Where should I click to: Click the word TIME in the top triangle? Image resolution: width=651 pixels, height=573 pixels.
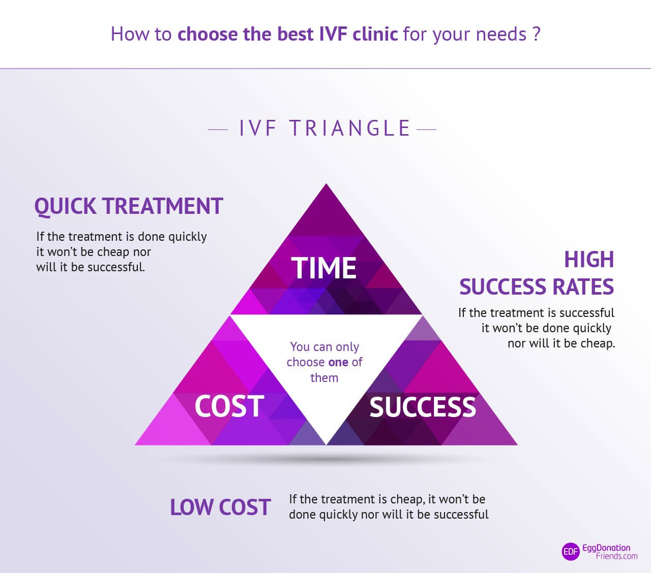[x=324, y=268]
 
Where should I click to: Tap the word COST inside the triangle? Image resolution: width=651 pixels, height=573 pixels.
[x=229, y=406]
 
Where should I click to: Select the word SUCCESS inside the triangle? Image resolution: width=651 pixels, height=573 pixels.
[x=423, y=407]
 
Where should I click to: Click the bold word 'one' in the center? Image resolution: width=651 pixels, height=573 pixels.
[x=338, y=362]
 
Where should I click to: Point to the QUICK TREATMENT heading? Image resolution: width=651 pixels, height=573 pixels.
[x=129, y=206]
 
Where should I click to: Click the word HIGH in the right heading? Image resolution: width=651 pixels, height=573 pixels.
[x=589, y=260]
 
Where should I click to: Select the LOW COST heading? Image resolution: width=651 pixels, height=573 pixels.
[x=220, y=507]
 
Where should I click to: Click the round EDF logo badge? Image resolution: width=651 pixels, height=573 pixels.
[x=571, y=552]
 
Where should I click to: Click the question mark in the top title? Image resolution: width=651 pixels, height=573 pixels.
[x=536, y=34]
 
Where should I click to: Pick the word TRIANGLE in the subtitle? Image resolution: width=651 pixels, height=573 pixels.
[x=350, y=129]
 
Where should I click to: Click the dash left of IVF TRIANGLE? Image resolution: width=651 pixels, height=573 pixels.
[x=218, y=130]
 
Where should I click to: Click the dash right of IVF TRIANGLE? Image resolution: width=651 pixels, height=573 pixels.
[x=427, y=130]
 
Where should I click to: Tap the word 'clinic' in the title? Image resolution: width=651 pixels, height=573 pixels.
[x=375, y=34]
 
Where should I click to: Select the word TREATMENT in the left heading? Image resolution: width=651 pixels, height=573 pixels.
[x=163, y=206]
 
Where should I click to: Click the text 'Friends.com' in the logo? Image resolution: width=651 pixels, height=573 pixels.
[x=616, y=556]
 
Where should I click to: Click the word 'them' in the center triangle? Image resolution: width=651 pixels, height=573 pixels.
[x=324, y=378]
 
